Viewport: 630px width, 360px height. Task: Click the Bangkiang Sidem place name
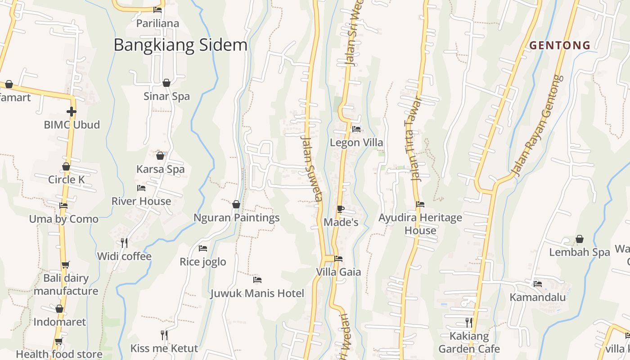180,45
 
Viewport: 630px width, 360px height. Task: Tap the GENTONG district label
560,45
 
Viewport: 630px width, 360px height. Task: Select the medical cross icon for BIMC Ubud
71,111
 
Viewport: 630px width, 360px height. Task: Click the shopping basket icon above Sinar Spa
166,83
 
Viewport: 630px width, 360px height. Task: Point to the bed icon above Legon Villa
356,129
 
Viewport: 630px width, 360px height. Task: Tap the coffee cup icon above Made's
340,209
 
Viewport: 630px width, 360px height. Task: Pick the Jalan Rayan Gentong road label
537,126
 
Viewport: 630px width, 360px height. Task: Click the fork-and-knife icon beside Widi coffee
124,243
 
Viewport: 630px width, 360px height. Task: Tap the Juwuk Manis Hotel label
257,293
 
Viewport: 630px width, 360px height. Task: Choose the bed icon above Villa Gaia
338,259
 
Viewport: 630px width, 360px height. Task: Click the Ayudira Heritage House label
420,224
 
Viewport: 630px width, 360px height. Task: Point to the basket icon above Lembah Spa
580,239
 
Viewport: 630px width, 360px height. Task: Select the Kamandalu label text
538,297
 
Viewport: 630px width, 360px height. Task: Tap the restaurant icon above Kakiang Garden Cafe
469,322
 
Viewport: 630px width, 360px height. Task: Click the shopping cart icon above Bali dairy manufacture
66,265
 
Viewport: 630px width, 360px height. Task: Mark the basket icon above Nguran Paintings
236,205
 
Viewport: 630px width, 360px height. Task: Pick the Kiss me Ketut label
164,348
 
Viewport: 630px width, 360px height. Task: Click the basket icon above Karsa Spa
160,156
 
